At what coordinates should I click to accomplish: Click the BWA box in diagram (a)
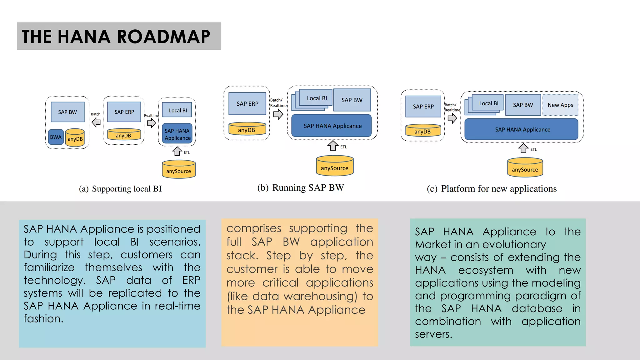coord(56,137)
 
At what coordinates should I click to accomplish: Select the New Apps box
coord(560,105)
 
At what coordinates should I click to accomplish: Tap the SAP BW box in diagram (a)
coord(67,112)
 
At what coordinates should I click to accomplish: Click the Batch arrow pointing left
coord(96,122)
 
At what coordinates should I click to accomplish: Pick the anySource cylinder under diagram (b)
coord(334,166)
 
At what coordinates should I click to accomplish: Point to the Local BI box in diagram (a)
coord(178,110)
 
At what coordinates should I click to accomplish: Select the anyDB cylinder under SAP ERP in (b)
coord(247,129)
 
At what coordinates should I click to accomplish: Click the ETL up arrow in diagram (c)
coord(523,148)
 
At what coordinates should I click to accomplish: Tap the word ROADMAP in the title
coord(163,37)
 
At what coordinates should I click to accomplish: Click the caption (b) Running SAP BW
coord(300,187)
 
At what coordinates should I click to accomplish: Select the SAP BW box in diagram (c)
coord(523,105)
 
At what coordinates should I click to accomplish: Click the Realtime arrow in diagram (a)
coord(151,123)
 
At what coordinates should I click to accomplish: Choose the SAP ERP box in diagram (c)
coord(423,107)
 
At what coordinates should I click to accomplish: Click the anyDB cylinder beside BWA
coord(75,138)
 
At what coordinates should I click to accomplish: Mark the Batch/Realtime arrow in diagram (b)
coord(278,114)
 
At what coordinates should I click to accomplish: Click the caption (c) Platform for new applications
coord(492,189)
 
